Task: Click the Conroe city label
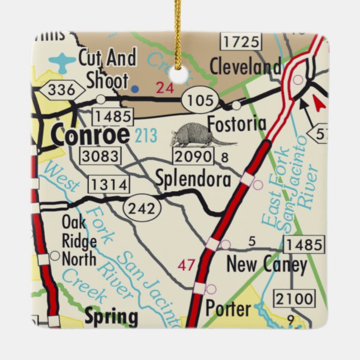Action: pos(90,135)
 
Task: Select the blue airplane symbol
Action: pos(63,61)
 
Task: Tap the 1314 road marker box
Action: pos(108,183)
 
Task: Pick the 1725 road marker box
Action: pos(240,41)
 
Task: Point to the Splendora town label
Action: pos(193,179)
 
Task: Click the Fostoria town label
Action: pos(236,124)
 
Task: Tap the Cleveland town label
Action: pos(245,67)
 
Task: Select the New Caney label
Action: pos(266,264)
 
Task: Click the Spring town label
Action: pos(111,317)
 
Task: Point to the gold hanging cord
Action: pos(178,28)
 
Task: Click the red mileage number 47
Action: pos(186,264)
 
